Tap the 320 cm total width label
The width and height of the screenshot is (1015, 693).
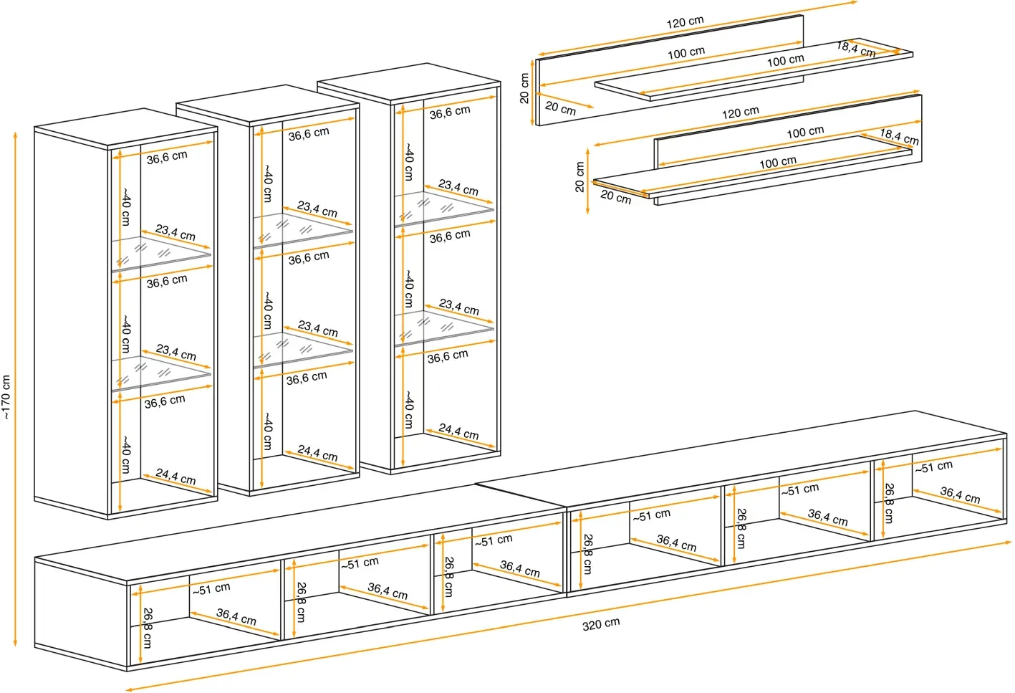[600, 623]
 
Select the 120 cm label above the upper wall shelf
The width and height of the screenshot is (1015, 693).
[685, 22]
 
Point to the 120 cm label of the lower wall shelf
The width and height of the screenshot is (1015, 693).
[740, 113]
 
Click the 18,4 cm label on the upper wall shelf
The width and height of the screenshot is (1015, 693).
[856, 49]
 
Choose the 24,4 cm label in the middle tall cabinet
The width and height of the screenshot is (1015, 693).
[317, 453]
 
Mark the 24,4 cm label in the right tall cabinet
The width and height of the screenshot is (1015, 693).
[458, 431]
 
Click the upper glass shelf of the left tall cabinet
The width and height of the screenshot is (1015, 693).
[161, 253]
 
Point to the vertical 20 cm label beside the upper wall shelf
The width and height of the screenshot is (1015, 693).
[524, 88]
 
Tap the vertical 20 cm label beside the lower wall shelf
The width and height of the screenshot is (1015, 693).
[579, 176]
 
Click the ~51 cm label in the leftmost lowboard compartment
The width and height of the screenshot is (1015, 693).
[211, 589]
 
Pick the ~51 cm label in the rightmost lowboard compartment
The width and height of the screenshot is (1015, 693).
[933, 467]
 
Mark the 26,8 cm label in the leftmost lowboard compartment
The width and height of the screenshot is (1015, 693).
[147, 628]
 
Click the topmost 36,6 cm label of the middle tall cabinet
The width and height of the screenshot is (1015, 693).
[309, 134]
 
